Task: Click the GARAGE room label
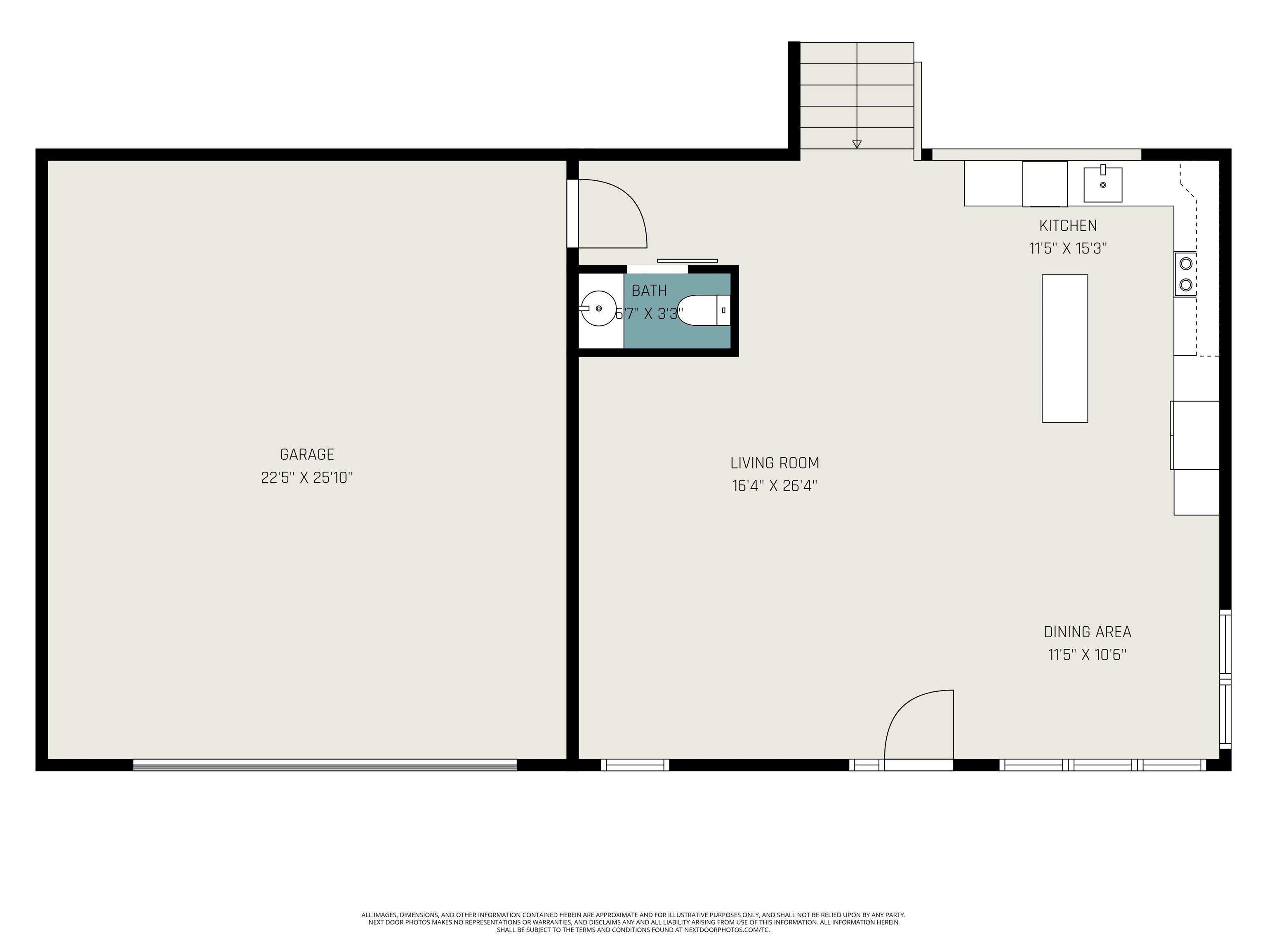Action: pos(306,454)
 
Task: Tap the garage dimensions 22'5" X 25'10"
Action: pos(306,478)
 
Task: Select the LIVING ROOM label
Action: pos(775,463)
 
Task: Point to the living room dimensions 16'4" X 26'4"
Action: pos(775,485)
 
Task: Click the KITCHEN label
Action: pos(1068,225)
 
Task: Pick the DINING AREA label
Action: pos(1087,632)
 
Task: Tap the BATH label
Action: pos(649,291)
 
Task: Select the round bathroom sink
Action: pos(598,308)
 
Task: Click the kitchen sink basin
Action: pos(1102,185)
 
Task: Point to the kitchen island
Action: pos(1064,348)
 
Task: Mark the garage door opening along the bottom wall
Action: pos(325,765)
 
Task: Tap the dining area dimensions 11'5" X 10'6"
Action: pos(1087,655)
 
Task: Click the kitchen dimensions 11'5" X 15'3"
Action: pos(1068,248)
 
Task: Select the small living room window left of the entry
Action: pos(635,765)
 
